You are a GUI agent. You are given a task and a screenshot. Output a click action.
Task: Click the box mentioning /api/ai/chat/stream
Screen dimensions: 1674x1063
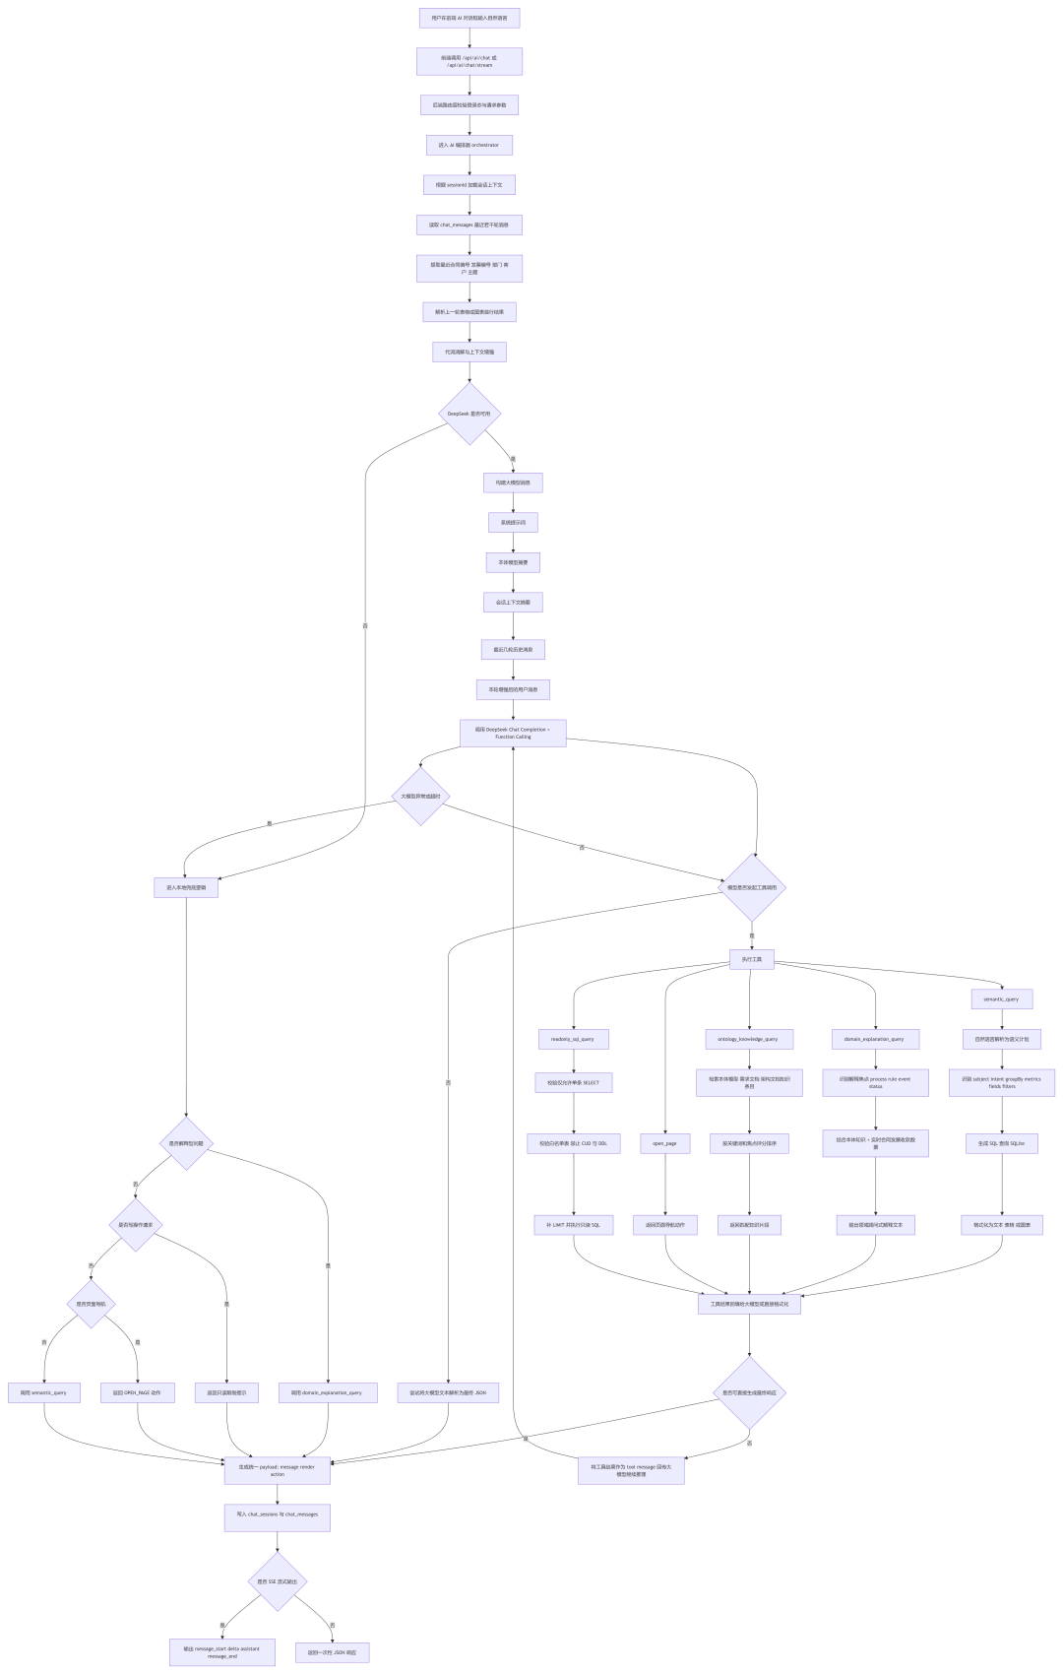point(469,61)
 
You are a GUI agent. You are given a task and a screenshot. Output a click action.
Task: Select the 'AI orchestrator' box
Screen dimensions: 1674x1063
point(469,145)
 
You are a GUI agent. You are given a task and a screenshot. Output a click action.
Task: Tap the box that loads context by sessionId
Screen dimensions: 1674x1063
point(469,184)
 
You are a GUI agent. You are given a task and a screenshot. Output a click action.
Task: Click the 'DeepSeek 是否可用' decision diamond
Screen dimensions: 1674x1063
point(469,414)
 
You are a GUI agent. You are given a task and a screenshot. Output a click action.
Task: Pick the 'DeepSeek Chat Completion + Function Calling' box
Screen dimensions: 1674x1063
point(513,733)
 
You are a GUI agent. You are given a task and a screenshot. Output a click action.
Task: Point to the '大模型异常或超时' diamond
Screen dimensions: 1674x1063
point(420,796)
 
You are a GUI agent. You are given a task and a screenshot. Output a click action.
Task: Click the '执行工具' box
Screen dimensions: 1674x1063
point(751,959)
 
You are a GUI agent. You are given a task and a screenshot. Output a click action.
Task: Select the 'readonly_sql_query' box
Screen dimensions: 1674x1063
point(573,1039)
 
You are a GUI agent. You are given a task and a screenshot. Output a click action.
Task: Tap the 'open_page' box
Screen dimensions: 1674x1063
point(664,1143)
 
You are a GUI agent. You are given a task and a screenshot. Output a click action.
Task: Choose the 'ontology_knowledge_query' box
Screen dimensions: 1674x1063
point(748,1039)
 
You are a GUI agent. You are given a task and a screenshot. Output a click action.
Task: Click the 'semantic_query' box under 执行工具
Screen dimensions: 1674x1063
point(1001,998)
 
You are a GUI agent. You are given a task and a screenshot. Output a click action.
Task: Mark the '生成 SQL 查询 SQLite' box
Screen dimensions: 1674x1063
point(1001,1143)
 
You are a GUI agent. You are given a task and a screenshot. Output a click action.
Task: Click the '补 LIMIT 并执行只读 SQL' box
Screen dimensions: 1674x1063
point(573,1225)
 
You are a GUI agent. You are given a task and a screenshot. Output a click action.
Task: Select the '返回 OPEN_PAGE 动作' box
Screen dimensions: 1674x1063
point(137,1392)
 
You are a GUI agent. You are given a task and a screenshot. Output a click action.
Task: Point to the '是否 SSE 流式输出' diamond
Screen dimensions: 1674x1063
point(277,1581)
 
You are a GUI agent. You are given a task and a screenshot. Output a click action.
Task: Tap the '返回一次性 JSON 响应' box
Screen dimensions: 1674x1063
point(332,1652)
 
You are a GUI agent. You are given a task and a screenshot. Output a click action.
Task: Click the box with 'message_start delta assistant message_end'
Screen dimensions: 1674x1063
point(221,1652)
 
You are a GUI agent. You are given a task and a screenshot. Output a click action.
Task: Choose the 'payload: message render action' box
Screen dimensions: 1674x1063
point(277,1470)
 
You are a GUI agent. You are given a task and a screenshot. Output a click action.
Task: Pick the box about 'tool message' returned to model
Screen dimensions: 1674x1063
point(631,1470)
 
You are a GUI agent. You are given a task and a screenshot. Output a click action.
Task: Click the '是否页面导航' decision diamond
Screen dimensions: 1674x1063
point(92,1304)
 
